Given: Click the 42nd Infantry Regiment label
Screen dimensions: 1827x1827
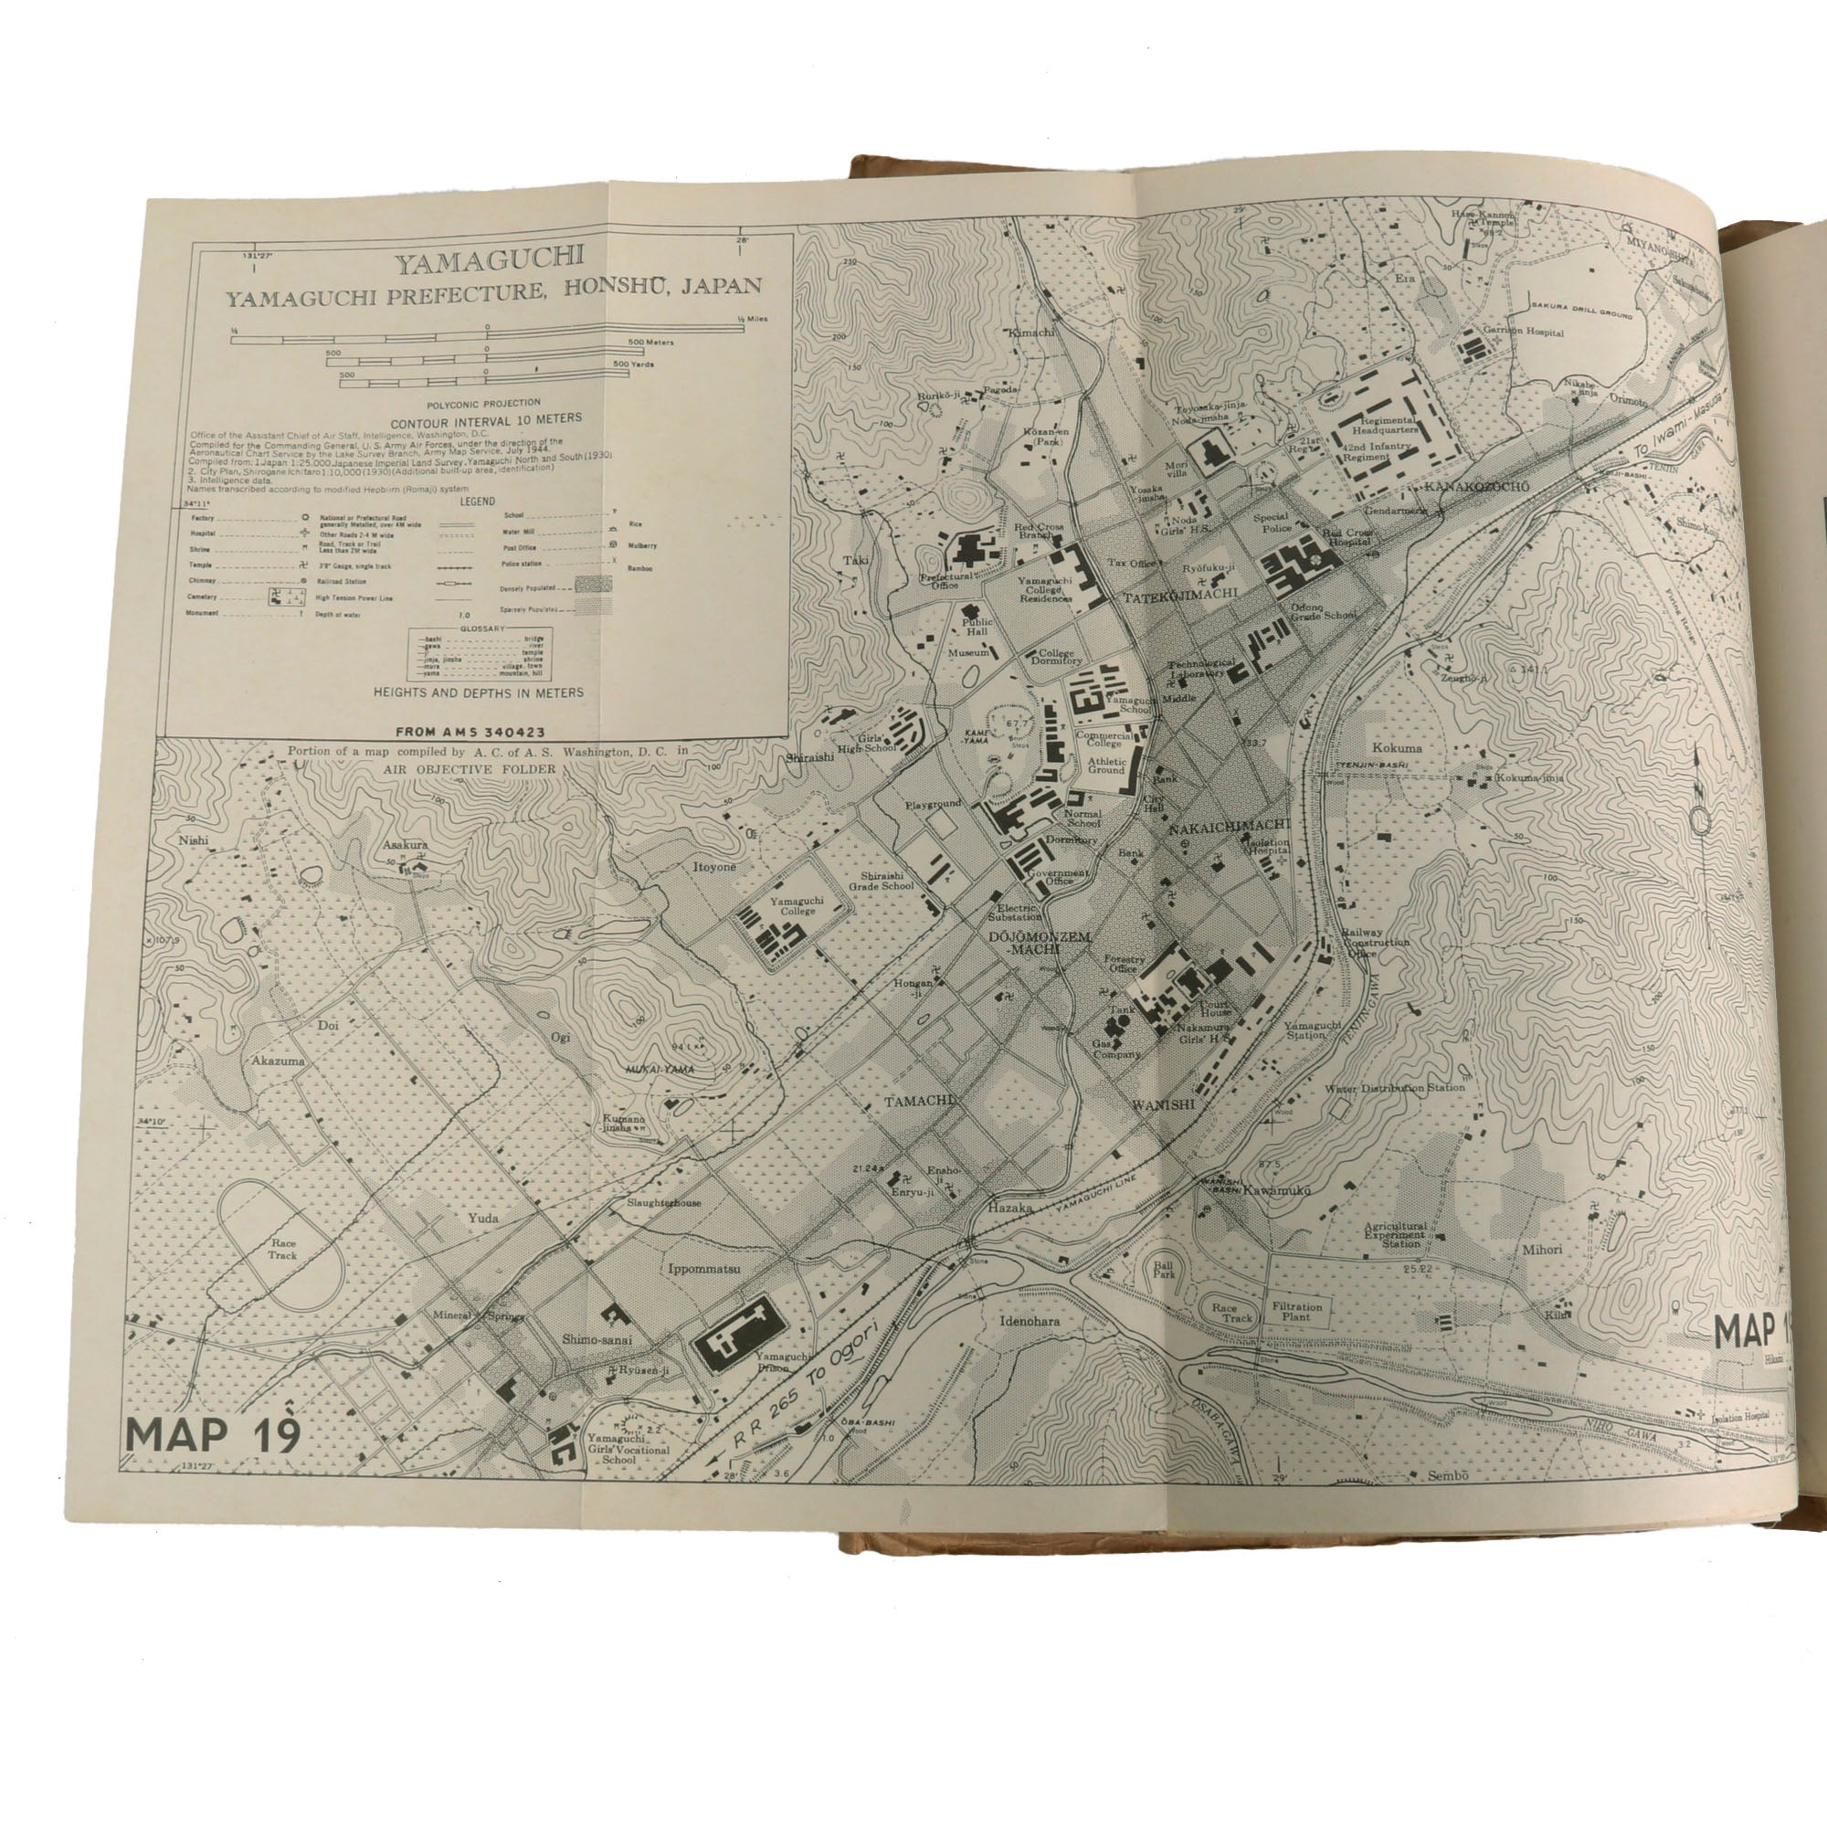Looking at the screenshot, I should pos(1387,451).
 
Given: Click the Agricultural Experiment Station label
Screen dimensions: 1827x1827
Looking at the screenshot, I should pos(1393,1235).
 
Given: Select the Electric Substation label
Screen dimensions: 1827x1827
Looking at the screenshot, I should pos(1015,912).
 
